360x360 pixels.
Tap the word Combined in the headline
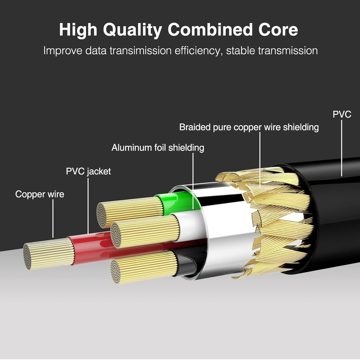[206, 30]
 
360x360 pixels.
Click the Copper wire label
[40, 194]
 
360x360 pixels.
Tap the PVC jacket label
[88, 171]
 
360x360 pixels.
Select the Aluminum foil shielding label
[158, 148]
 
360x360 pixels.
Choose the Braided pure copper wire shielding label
[249, 127]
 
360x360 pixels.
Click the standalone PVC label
[342, 114]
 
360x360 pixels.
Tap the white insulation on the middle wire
[189, 225]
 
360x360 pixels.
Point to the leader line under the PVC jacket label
[88, 205]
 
